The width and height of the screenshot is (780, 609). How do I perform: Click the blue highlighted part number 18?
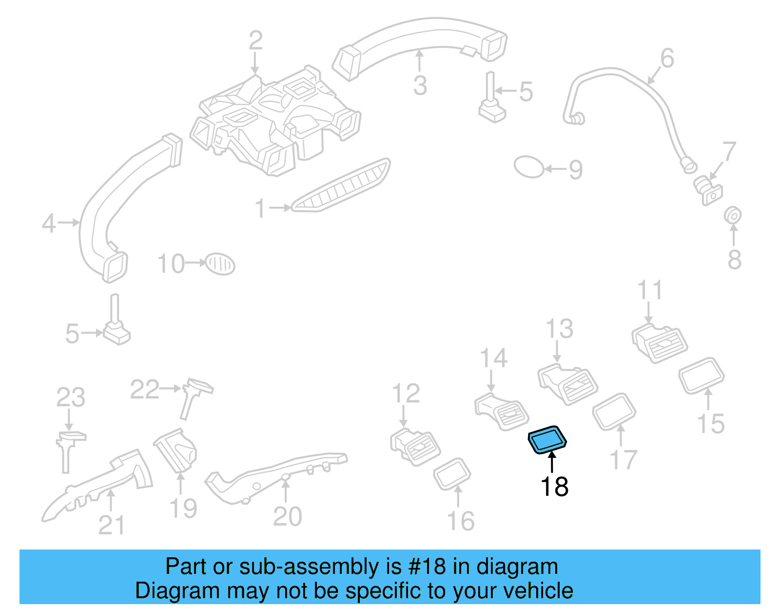[x=547, y=439]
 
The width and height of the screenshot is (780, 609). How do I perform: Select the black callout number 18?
[x=554, y=487]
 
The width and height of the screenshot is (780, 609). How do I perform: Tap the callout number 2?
[x=255, y=40]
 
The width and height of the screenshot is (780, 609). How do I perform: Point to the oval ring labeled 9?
[x=528, y=167]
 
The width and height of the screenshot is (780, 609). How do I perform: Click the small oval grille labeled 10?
[x=220, y=264]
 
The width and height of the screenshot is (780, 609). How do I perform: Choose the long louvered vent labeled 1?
[x=341, y=186]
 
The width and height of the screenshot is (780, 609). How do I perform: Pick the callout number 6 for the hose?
[x=667, y=58]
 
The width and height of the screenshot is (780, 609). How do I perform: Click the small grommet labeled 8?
[x=732, y=215]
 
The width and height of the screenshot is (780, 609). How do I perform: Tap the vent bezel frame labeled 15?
[x=702, y=375]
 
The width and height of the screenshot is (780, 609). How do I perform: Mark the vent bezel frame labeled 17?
[x=614, y=411]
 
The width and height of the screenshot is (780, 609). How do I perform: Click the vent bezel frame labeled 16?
[x=452, y=473]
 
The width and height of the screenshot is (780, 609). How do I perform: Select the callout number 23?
[x=71, y=397]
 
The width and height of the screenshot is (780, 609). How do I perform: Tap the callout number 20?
[x=287, y=516]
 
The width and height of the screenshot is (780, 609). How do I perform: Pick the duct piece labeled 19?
[x=176, y=452]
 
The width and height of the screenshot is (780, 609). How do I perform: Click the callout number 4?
[x=49, y=223]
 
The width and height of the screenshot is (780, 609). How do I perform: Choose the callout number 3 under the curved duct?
[x=420, y=85]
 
